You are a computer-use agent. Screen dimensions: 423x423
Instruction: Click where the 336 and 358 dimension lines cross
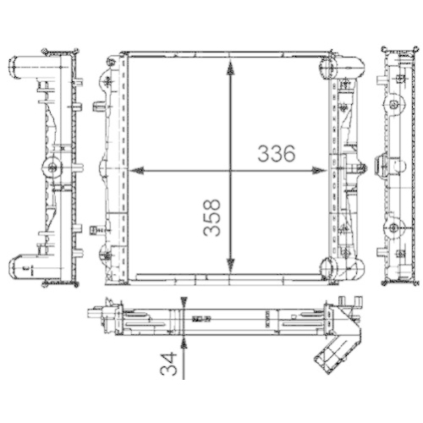click(229, 170)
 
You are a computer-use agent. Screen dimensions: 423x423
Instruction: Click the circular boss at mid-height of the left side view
click(53, 167)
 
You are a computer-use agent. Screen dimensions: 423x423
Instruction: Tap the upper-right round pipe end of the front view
click(330, 65)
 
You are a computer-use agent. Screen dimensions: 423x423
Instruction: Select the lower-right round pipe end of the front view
click(330, 269)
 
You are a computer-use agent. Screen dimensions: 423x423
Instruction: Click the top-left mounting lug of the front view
click(111, 64)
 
